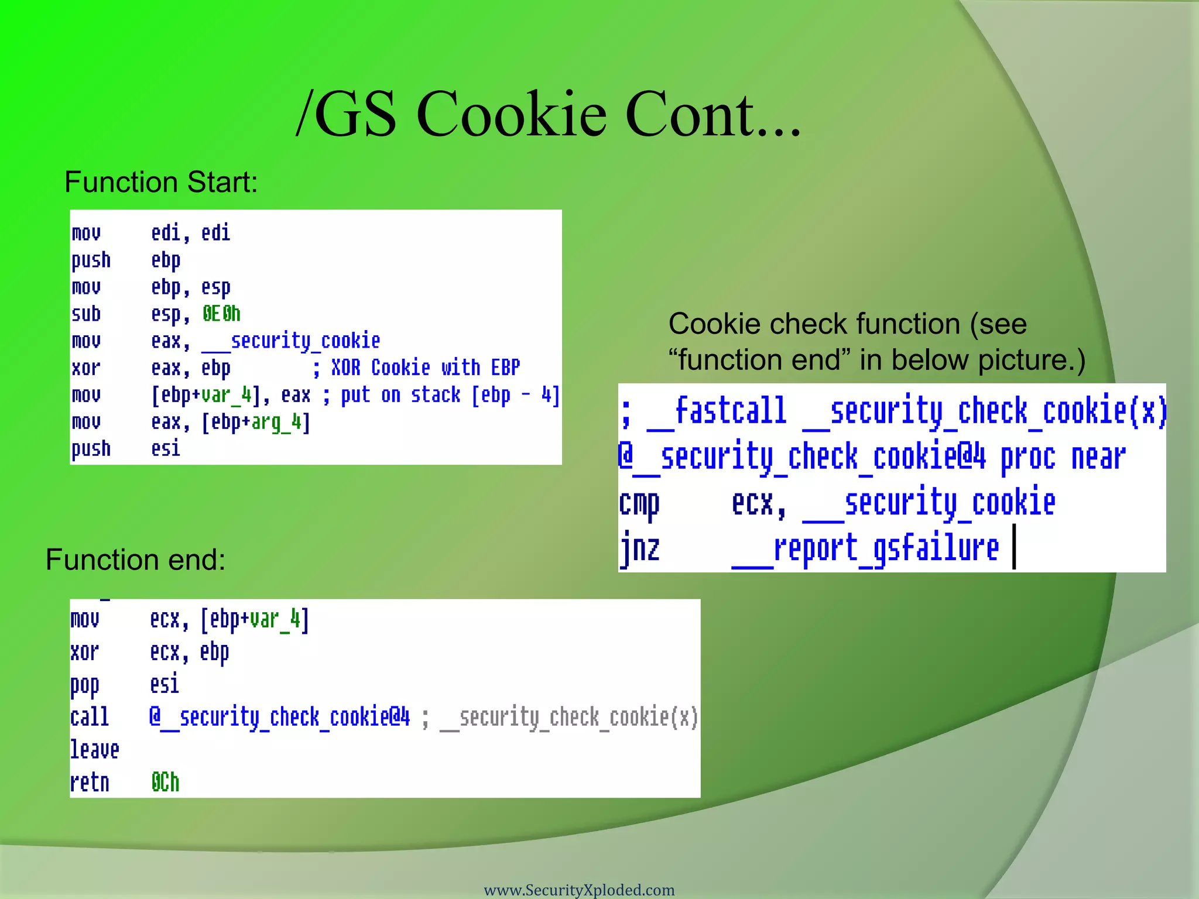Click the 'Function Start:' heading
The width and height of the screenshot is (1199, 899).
[x=161, y=182]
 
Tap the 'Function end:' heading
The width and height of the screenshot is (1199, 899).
[x=135, y=560]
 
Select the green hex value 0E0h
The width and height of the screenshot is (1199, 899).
[x=221, y=314]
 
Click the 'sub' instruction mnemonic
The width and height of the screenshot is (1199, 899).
[x=86, y=314]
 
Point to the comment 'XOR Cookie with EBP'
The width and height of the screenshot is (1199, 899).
[x=425, y=368]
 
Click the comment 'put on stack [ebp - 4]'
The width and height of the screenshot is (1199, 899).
[x=450, y=395]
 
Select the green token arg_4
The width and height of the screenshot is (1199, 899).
[x=276, y=422]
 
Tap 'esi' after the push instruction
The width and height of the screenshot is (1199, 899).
[x=166, y=449]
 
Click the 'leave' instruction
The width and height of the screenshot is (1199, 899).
[x=94, y=750]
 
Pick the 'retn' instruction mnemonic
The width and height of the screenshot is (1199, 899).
[x=90, y=783]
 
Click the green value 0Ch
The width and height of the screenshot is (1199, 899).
[x=165, y=783]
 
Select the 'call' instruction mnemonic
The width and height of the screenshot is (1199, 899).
[x=90, y=717]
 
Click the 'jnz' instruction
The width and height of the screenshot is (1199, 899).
[x=640, y=548]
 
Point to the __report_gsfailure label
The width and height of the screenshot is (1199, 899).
[x=865, y=548]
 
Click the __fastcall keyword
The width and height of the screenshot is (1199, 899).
[x=717, y=411]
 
